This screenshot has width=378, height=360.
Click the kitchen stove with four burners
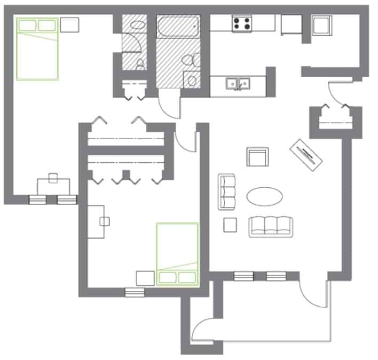[x=242, y=23]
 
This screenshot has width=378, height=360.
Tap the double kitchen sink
[x=238, y=83]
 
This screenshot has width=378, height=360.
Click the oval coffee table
[x=265, y=196]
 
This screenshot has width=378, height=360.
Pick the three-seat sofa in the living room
[x=271, y=226]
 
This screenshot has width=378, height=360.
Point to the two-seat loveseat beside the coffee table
[x=227, y=191]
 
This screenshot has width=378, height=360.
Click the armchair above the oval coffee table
[x=257, y=158]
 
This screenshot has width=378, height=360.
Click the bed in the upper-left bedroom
[x=37, y=49]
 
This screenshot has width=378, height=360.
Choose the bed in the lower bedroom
[x=177, y=255]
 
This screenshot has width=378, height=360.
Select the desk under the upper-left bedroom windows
[x=53, y=186]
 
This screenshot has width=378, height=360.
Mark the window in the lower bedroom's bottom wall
[x=135, y=292]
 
